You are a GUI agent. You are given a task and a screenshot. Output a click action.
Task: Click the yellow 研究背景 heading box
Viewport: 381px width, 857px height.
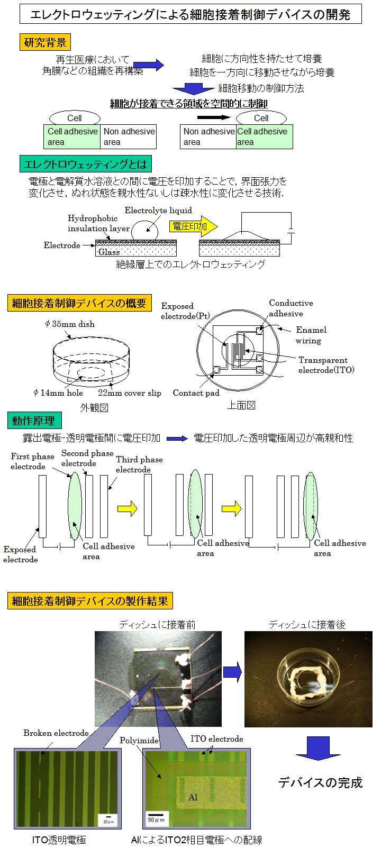pyautogui.click(x=45, y=42)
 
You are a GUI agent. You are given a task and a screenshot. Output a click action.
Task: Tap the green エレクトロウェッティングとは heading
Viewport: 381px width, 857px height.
pyautogui.click(x=85, y=164)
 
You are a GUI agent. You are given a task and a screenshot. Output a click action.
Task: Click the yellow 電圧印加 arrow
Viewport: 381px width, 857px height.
pyautogui.click(x=193, y=226)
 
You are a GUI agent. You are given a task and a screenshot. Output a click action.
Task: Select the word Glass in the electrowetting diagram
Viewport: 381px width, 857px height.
pyautogui.click(x=109, y=252)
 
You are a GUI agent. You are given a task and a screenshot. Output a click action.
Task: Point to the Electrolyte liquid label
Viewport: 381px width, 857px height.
pyautogui.click(x=158, y=210)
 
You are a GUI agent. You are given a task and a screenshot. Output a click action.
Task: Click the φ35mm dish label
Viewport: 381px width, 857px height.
pyautogui.click(x=70, y=324)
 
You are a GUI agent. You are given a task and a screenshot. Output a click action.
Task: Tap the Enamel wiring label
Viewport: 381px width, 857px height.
pyautogui.click(x=311, y=335)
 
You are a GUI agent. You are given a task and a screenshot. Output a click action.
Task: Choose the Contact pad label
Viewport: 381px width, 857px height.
pyautogui.click(x=196, y=393)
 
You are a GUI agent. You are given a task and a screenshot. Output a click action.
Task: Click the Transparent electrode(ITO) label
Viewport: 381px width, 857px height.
pyautogui.click(x=326, y=365)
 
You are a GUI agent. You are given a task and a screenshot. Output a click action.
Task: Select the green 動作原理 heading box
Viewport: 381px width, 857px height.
pyautogui.click(x=34, y=421)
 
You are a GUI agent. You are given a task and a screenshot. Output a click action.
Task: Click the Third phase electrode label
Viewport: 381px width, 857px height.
pyautogui.click(x=139, y=464)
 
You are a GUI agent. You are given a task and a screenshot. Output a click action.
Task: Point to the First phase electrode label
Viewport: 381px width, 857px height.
pyautogui.click(x=32, y=461)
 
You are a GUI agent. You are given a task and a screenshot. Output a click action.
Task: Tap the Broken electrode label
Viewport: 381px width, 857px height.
pyautogui.click(x=56, y=733)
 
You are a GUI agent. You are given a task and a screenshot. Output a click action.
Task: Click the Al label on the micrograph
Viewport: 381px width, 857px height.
pyautogui.click(x=193, y=797)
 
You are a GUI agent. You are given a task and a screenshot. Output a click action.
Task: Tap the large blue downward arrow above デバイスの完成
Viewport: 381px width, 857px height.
pyautogui.click(x=318, y=749)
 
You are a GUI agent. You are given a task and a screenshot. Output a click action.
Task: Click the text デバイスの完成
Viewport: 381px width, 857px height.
pyautogui.click(x=320, y=783)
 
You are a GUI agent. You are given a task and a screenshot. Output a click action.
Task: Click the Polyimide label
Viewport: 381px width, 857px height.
pyautogui.click(x=139, y=740)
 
